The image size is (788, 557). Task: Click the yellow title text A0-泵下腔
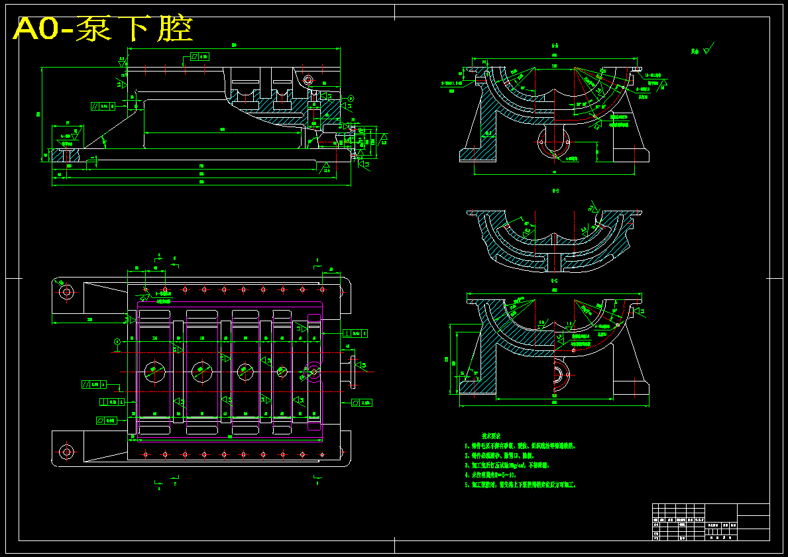(x=103, y=28)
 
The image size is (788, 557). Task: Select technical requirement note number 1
(x=520, y=446)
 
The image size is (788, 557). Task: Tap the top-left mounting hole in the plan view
(x=66, y=291)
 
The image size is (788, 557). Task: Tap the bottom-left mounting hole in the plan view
(x=66, y=452)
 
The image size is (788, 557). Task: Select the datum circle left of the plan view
(x=117, y=342)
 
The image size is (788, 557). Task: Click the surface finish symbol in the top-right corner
(x=707, y=48)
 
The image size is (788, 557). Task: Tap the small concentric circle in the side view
(x=308, y=80)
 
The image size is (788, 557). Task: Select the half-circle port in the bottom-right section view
(x=561, y=376)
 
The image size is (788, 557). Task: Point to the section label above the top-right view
(x=555, y=46)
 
